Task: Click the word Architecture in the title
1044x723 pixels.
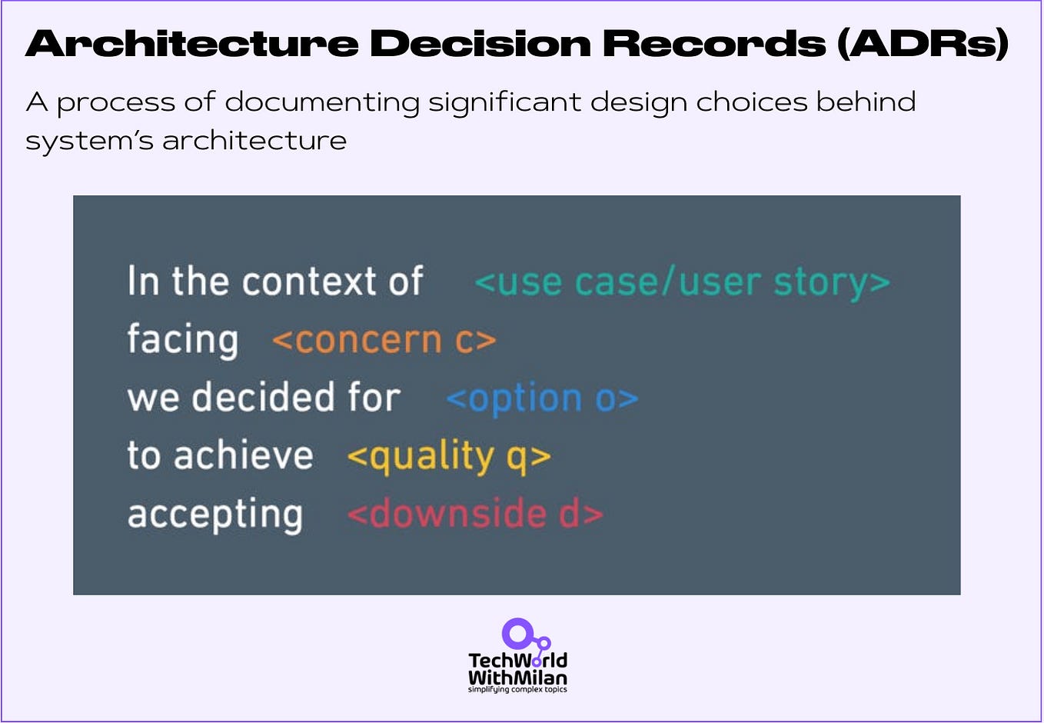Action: (x=192, y=44)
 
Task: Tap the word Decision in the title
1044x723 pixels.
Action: (x=480, y=44)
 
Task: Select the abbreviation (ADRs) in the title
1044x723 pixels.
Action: (x=923, y=44)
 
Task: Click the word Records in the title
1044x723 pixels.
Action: (x=714, y=44)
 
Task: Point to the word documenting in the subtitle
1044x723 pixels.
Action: (x=322, y=102)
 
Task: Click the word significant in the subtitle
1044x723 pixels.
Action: (x=504, y=102)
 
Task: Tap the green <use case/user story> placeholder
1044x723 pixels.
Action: (x=682, y=282)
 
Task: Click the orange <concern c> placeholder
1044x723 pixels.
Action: (x=384, y=340)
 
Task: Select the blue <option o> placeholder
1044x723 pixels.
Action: (x=542, y=398)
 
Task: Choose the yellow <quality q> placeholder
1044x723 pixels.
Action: (x=448, y=457)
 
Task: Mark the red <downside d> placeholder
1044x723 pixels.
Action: (x=474, y=514)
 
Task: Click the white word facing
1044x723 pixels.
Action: (x=183, y=340)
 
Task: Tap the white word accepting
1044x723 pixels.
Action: (x=215, y=515)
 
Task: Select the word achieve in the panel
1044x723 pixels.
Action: (x=244, y=455)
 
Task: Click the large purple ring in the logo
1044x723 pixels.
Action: (x=517, y=634)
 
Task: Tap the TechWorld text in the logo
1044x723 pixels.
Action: (x=517, y=661)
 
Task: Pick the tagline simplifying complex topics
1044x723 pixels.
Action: (x=517, y=690)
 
